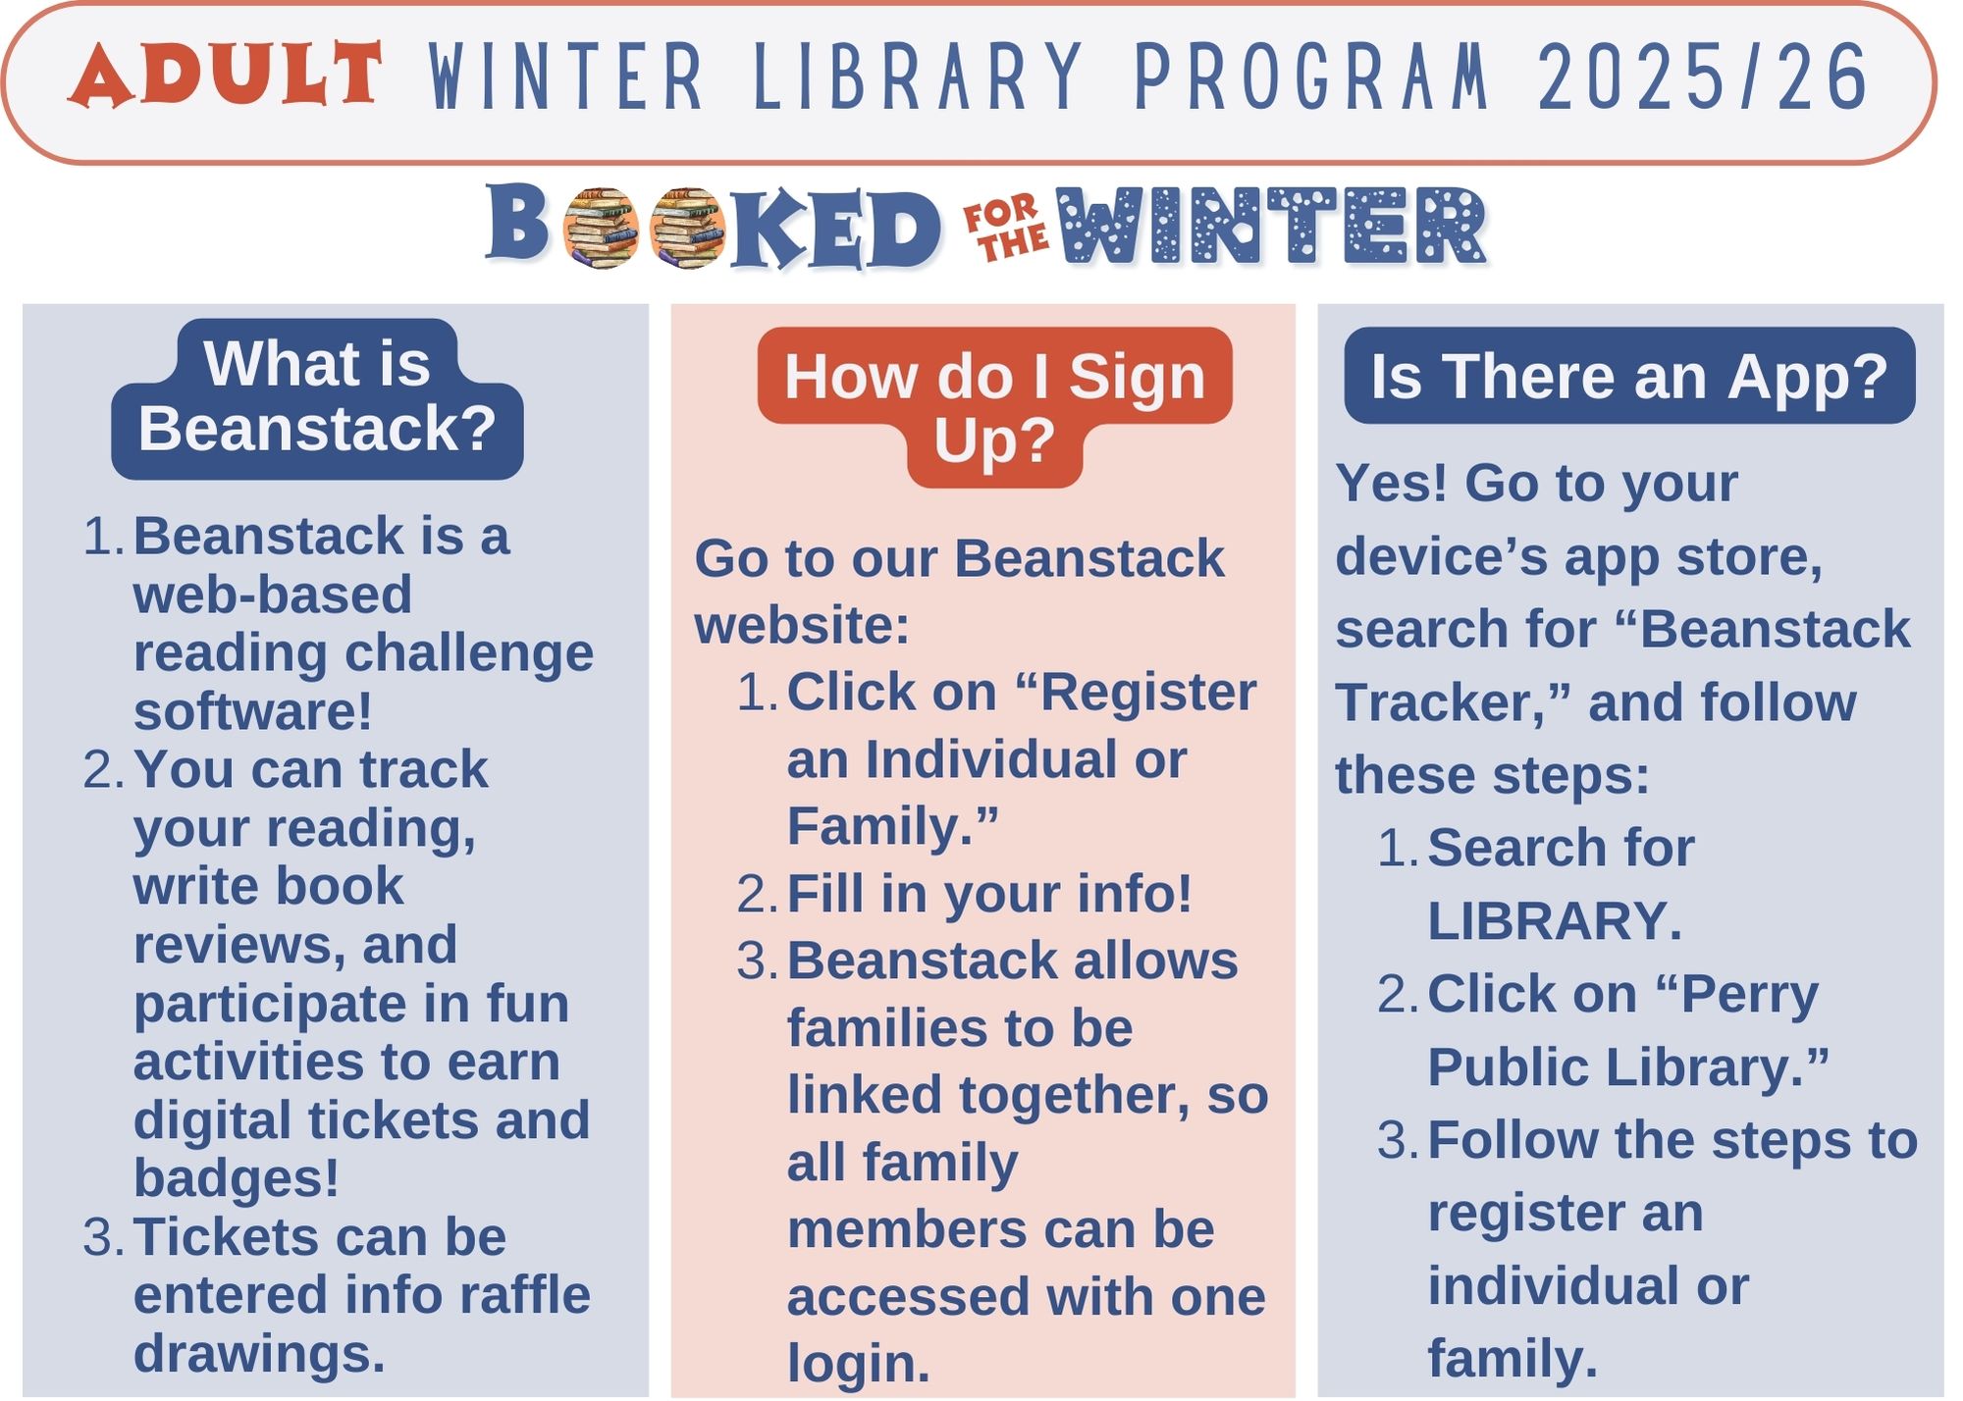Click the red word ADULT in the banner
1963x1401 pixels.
click(226, 75)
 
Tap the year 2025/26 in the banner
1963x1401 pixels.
click(1703, 77)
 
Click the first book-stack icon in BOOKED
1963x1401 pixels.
click(602, 228)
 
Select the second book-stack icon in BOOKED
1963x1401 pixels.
click(688, 228)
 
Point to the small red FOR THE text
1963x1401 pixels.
click(1004, 228)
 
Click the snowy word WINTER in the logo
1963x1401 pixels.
click(1272, 226)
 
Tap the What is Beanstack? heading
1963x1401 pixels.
click(317, 396)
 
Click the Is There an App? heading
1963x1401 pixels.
click(1629, 376)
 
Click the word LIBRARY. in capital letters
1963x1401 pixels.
click(1555, 920)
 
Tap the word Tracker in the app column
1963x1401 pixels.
click(1453, 702)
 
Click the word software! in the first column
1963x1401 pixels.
click(253, 710)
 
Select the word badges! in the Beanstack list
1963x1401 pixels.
click(237, 1178)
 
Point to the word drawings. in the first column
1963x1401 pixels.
click(259, 1354)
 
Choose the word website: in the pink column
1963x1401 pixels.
click(802, 625)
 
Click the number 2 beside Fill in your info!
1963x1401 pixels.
click(756, 894)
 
